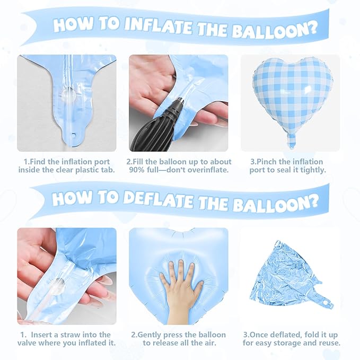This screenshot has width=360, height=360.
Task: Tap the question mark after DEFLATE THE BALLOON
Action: pos(313,201)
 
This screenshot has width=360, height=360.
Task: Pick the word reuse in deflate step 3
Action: pos(328,343)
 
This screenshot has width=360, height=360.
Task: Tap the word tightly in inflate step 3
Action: pos(313,170)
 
